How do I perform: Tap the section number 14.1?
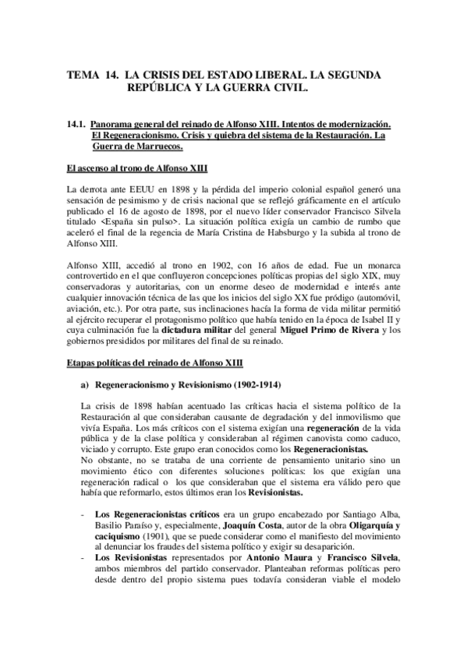point(77,124)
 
